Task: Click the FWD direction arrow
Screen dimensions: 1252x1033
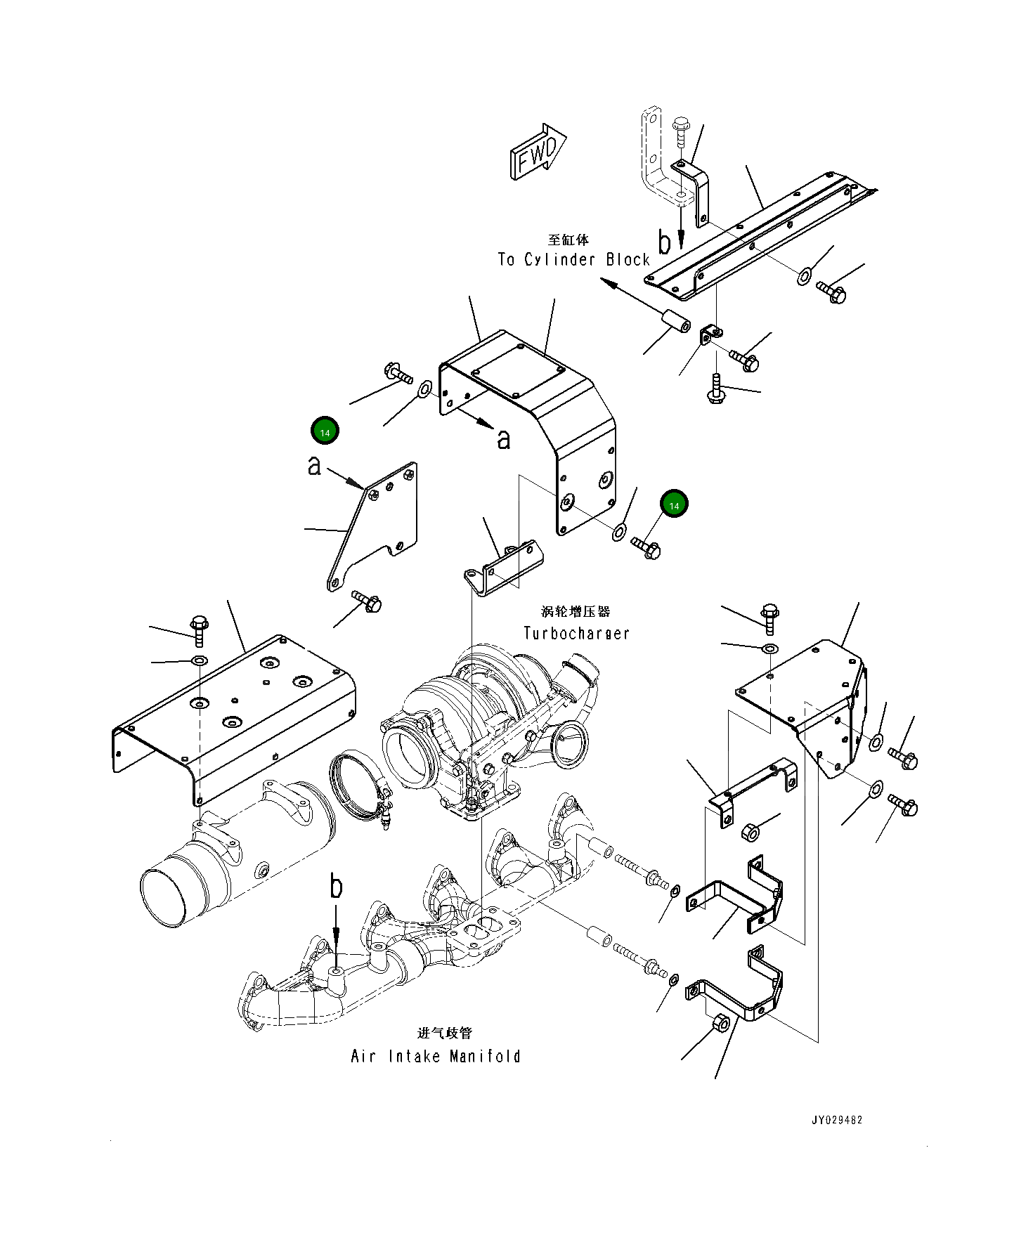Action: (x=538, y=153)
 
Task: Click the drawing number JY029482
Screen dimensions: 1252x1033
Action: (x=836, y=1120)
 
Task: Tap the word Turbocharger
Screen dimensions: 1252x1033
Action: (x=576, y=633)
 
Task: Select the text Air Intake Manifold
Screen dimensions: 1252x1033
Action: (x=436, y=1056)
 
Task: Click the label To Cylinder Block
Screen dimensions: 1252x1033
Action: (x=573, y=259)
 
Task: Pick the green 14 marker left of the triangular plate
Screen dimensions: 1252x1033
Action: (x=325, y=431)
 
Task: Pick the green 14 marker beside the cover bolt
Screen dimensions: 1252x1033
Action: (x=674, y=504)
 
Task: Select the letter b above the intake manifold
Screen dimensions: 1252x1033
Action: (x=337, y=887)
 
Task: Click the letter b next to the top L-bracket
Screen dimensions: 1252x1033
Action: (x=664, y=242)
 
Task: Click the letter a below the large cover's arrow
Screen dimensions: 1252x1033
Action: (x=503, y=440)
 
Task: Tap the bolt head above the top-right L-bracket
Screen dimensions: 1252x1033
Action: (x=680, y=125)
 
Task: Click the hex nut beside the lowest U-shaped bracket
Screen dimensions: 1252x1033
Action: (x=721, y=1023)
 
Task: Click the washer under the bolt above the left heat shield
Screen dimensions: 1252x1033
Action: (x=199, y=660)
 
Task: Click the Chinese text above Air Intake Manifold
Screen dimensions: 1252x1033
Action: (x=445, y=1033)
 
